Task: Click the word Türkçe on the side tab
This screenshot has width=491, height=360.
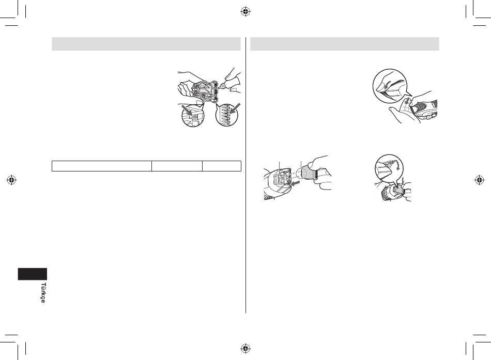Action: coord(43,293)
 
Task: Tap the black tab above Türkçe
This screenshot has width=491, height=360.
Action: coord(32,274)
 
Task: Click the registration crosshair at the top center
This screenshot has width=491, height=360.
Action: coord(245,12)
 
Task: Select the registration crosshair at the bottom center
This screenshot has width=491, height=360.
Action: coord(245,348)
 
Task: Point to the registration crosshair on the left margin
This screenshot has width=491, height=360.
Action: coord(11,180)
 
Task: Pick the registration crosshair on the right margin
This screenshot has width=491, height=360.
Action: coord(480,180)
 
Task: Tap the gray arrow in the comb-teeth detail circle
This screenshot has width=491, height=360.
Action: coord(235,108)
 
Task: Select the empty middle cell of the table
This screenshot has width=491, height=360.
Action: coord(177,166)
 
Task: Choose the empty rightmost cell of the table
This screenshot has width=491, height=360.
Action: coord(222,166)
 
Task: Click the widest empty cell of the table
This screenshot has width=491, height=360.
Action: coord(102,166)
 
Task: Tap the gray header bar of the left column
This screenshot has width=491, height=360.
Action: coord(146,44)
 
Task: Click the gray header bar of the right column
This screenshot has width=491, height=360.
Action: coord(345,44)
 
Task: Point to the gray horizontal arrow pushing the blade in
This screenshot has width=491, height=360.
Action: coord(295,182)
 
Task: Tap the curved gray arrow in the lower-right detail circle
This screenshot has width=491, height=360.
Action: coord(397,165)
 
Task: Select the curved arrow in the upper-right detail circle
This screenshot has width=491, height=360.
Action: coord(386,84)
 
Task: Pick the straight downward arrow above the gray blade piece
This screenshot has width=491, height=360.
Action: coord(403,181)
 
